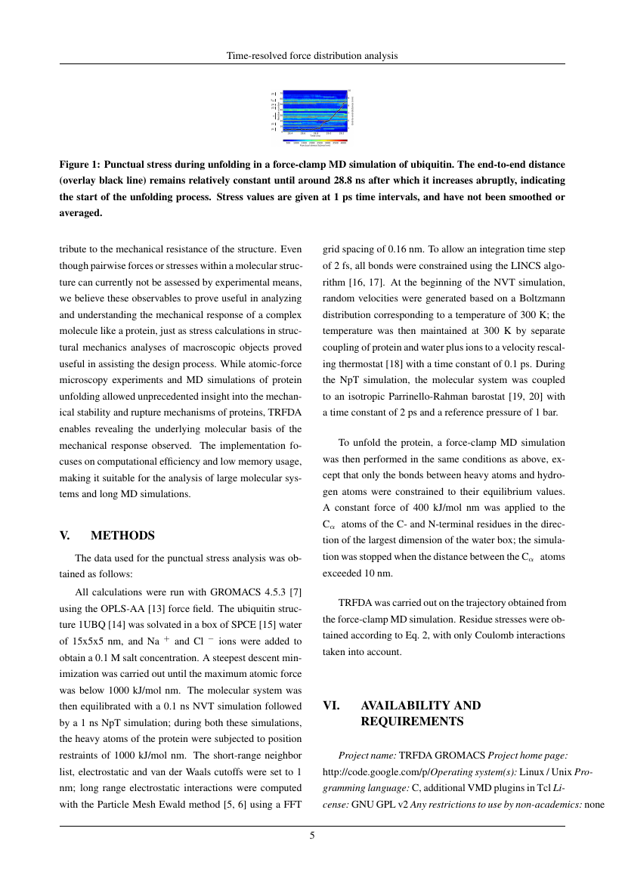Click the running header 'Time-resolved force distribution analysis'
312,56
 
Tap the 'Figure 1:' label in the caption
80,164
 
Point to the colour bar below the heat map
315,140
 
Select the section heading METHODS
122,536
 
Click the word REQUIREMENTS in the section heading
412,722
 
